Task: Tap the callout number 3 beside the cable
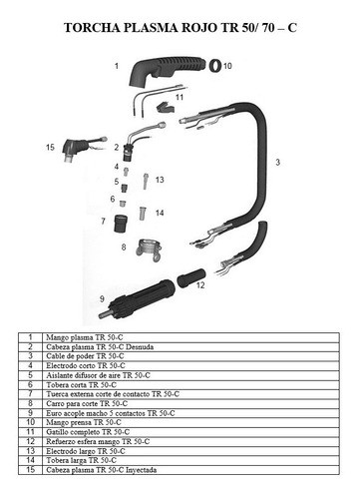[x=276, y=160]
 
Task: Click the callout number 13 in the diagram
[x=160, y=180]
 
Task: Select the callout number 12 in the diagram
[x=199, y=283]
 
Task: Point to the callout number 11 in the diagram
[x=180, y=98]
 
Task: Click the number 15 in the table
[x=32, y=469]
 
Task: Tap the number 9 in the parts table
[x=32, y=412]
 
